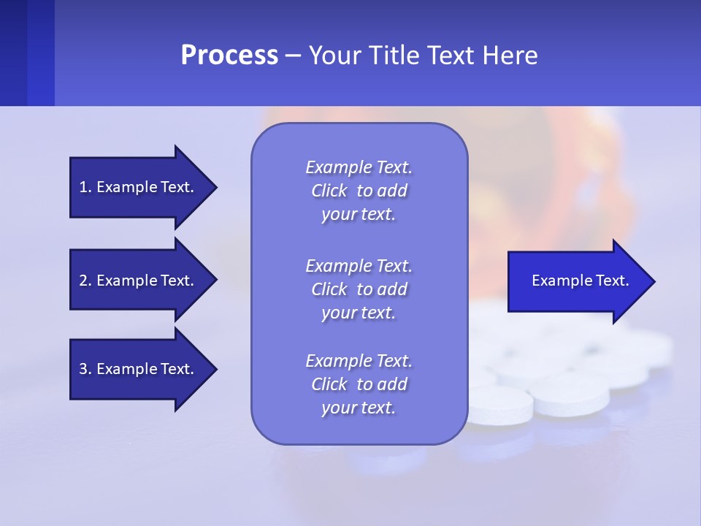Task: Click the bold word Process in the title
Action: (x=229, y=56)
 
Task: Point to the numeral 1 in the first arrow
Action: (x=83, y=187)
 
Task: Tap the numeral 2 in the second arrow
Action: (x=83, y=281)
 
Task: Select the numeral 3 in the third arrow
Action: (x=83, y=369)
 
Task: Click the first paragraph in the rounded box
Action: (x=359, y=191)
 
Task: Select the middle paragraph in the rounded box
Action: (x=359, y=289)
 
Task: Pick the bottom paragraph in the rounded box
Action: (x=359, y=384)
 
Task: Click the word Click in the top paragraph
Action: (x=329, y=191)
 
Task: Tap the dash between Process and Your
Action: (x=294, y=56)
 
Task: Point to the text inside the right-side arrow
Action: (x=581, y=281)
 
